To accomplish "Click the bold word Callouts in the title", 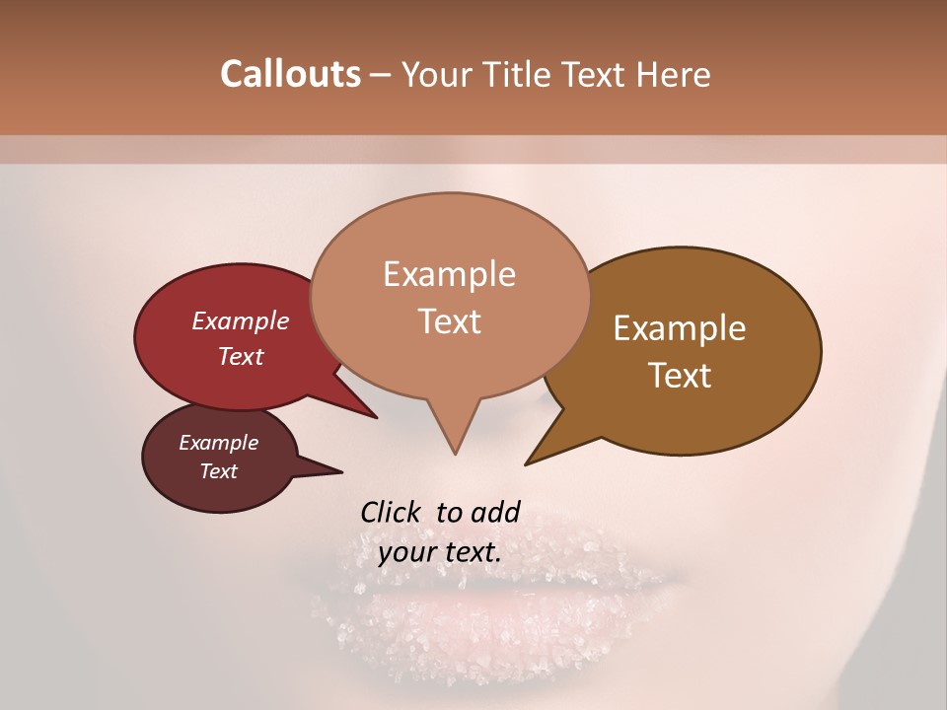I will click(290, 74).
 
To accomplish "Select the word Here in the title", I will click(673, 74).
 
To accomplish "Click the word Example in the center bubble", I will click(449, 274).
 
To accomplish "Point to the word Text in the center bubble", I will click(449, 321).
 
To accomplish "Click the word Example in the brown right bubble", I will click(680, 328).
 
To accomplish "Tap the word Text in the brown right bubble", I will click(680, 376).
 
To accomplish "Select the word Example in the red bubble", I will click(240, 320).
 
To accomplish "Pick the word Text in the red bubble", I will click(240, 356).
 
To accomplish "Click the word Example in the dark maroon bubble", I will click(218, 443).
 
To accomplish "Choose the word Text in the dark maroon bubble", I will click(218, 471).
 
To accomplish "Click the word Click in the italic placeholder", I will click(391, 512).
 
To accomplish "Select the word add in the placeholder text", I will click(496, 512).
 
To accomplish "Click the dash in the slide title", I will click(382, 75).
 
